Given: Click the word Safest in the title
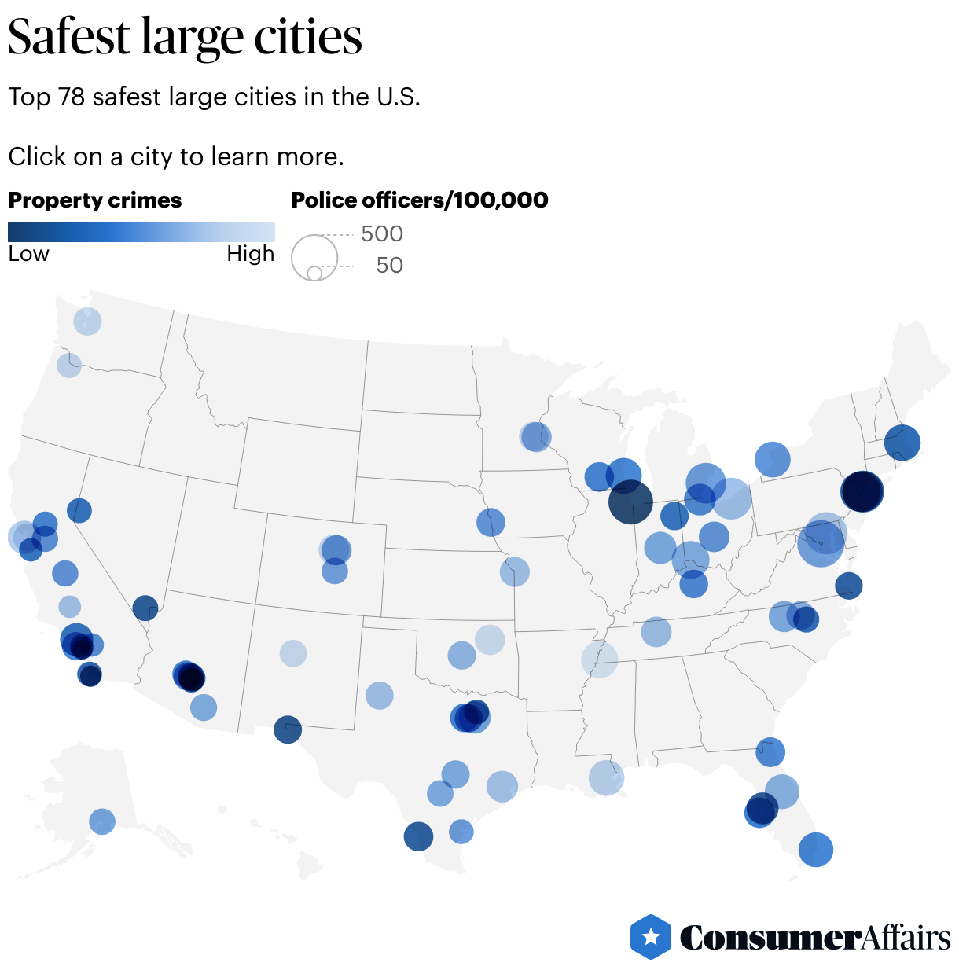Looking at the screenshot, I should [x=69, y=36].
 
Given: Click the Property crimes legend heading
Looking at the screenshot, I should [x=94, y=200].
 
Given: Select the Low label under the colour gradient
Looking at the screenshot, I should [x=28, y=254].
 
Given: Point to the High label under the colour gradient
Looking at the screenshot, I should [x=250, y=254].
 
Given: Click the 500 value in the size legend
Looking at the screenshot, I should [x=381, y=233].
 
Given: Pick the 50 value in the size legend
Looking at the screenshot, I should [x=389, y=265].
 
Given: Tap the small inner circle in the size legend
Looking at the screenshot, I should [x=314, y=274].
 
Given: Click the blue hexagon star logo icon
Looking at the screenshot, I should [x=651, y=937].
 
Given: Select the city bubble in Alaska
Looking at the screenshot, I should [x=102, y=821].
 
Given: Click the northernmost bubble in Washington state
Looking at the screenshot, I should [x=87, y=321].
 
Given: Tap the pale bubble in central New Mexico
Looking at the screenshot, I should [x=293, y=653].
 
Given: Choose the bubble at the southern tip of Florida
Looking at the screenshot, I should [x=816, y=850].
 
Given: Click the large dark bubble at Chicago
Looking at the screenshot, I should [x=630, y=502].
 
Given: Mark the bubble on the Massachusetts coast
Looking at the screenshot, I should [x=902, y=442].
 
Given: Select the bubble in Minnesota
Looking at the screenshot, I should [x=535, y=436].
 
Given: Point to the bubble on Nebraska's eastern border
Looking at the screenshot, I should [x=491, y=522].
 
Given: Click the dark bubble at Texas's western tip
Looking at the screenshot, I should [x=288, y=729].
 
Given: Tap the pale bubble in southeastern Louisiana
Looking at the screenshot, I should [x=606, y=778].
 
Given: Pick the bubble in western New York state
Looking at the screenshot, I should [x=773, y=459].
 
